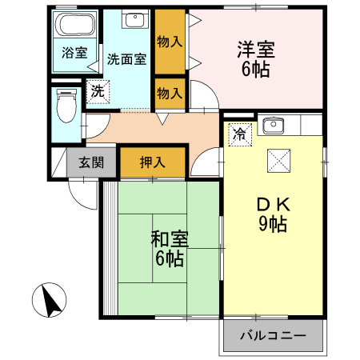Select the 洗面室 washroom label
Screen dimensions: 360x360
(126, 59)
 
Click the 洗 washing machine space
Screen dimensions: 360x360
(96, 91)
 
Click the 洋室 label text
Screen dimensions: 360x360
(256, 48)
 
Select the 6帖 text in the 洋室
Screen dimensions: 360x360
(256, 69)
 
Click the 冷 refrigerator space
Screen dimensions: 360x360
(238, 134)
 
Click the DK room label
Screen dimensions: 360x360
(273, 205)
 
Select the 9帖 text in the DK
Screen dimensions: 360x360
(273, 225)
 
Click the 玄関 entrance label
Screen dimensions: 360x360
(90, 162)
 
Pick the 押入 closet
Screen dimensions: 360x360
(153, 162)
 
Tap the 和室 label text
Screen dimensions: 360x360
(169, 238)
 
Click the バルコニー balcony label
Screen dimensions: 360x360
(273, 334)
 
